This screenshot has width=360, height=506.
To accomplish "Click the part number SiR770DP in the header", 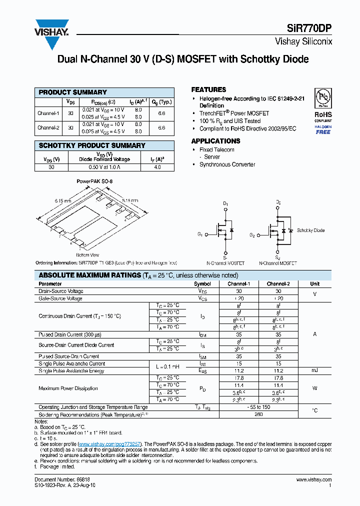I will [x=308, y=29].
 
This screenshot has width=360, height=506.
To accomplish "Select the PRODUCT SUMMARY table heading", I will [x=73, y=92].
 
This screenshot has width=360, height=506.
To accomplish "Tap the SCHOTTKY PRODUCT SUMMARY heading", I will [x=92, y=145].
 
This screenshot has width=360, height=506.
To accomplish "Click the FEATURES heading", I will [x=208, y=89].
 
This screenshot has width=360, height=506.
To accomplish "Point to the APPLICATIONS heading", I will [x=215, y=141].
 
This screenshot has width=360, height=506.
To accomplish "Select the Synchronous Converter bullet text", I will [x=227, y=164].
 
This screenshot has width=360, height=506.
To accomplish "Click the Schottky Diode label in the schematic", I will [x=310, y=230].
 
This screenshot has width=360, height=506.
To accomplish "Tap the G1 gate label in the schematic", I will [x=200, y=234].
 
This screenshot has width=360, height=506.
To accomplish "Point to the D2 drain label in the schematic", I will [x=278, y=202].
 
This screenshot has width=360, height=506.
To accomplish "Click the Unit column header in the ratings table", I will [x=314, y=283].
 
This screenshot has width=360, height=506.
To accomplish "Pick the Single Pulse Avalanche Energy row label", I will [x=71, y=371].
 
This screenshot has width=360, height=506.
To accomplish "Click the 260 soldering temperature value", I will [x=259, y=414].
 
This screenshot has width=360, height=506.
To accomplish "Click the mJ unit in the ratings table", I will [x=314, y=371].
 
